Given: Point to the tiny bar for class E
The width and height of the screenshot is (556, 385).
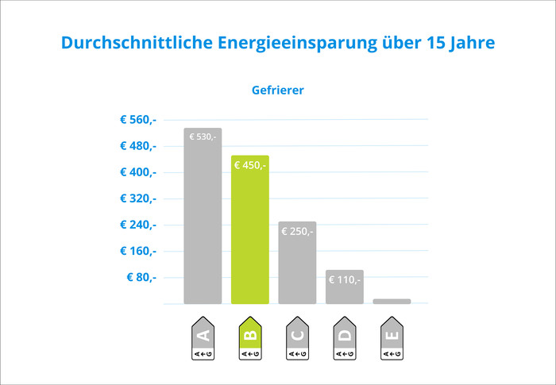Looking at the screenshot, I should [392, 302].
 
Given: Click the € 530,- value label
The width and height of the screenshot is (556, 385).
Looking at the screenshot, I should [203, 137].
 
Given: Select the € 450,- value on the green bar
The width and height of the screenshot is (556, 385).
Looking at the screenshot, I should [250, 165].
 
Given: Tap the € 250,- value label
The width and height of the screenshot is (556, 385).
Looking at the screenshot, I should [297, 231].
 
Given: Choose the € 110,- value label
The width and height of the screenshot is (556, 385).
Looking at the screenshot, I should [344, 279].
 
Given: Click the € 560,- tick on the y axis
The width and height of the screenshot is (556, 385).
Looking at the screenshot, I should [138, 120].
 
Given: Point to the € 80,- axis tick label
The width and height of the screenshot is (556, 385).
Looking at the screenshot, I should [141, 277].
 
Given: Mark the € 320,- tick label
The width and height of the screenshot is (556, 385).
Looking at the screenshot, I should [138, 198].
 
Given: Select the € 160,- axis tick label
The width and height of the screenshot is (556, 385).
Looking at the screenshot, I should [138, 251].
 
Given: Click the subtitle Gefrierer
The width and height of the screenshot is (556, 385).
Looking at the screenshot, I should [277, 90].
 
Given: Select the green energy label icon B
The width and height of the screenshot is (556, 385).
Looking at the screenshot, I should [250, 339].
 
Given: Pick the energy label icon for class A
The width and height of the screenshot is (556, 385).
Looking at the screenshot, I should [203, 339].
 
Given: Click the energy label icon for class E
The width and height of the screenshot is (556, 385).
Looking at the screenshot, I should [392, 339].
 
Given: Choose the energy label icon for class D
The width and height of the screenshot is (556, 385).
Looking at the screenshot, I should [344, 339].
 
